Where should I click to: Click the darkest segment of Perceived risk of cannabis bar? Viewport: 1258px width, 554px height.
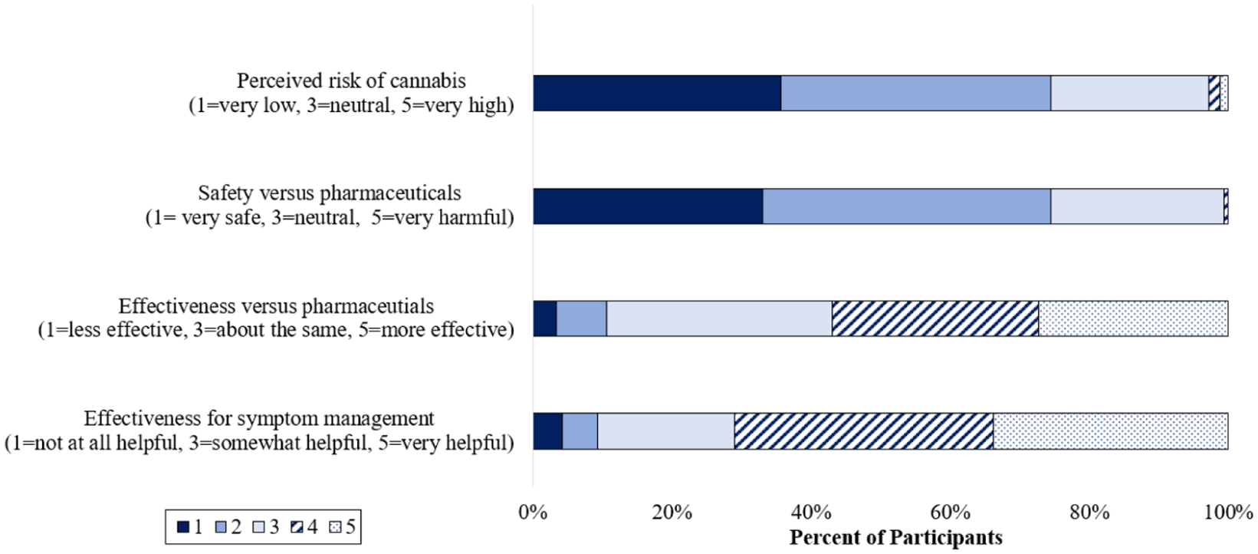click(657, 93)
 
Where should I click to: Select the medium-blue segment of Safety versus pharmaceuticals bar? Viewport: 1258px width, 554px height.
click(906, 206)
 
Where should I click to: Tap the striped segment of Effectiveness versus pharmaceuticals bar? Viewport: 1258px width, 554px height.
click(935, 318)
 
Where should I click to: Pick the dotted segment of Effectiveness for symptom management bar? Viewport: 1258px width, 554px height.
click(1110, 431)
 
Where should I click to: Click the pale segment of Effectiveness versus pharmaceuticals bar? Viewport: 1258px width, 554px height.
click(719, 318)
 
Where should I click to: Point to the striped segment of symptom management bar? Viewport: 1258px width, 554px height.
click(863, 431)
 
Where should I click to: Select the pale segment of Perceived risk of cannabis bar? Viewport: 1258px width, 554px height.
click(1129, 93)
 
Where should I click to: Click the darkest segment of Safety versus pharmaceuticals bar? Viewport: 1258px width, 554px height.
click(648, 206)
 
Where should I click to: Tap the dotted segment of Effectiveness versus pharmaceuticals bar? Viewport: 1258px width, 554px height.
click(1133, 318)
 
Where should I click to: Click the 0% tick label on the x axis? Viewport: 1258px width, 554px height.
click(533, 513)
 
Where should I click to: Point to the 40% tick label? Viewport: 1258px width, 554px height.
click(811, 513)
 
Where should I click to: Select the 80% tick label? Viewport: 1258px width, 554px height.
click(1089, 513)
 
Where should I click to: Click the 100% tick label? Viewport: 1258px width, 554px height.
click(1227, 513)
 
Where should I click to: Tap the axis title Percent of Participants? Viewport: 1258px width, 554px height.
click(895, 538)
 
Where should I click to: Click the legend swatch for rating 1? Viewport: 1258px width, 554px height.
click(183, 527)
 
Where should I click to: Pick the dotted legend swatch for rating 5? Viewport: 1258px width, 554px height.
click(335, 527)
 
